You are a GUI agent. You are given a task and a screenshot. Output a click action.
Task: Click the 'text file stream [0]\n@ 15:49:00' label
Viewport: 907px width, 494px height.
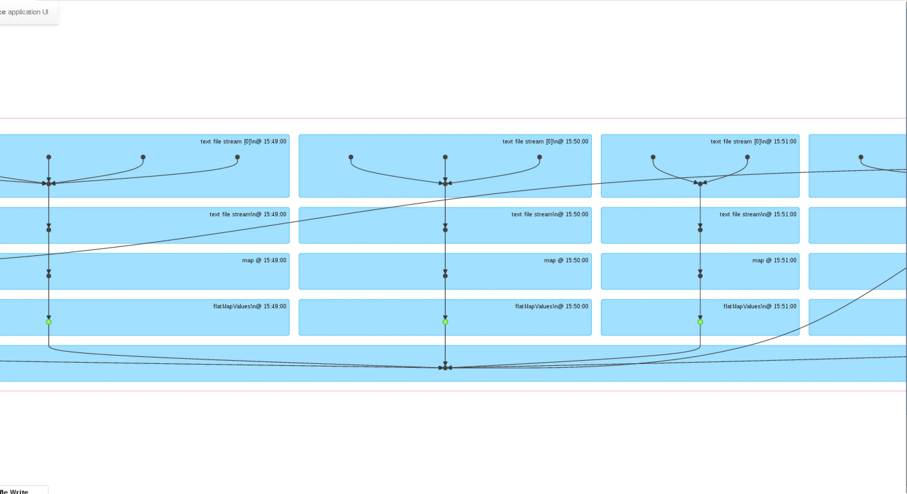(243, 142)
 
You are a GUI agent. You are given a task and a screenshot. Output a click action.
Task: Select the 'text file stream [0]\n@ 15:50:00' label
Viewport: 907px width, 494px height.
(545, 142)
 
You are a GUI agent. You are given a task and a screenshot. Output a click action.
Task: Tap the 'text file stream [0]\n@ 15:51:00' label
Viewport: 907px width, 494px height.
(753, 142)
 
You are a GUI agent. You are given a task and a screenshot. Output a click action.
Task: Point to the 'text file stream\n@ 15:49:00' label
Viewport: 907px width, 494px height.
(247, 214)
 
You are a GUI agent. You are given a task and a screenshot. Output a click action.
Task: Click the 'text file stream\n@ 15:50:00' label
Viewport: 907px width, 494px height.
(550, 214)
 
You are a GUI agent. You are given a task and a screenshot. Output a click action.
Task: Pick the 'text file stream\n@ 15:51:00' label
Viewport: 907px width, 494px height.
(758, 214)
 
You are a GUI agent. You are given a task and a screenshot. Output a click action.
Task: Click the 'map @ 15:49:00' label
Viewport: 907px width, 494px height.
(264, 260)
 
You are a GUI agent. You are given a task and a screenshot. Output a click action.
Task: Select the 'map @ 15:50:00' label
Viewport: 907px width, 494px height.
(566, 260)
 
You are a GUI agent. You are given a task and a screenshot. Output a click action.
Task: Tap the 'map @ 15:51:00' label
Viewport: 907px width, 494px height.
(774, 260)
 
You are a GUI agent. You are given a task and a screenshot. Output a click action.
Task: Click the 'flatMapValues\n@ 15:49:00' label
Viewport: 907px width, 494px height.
(250, 306)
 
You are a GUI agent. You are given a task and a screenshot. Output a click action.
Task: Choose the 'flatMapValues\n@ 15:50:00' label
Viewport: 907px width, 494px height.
(551, 306)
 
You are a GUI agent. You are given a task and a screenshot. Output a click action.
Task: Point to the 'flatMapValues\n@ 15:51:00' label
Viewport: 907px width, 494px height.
(760, 306)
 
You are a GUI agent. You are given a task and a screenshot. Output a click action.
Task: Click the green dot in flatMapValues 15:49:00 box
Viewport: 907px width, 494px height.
(49, 322)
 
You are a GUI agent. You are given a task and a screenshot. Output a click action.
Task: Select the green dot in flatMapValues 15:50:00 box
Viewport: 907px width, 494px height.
(445, 322)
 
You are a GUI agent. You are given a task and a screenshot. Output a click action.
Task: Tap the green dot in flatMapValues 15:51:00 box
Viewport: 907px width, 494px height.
(700, 322)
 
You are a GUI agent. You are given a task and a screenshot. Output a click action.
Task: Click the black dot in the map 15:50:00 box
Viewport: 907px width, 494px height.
(445, 276)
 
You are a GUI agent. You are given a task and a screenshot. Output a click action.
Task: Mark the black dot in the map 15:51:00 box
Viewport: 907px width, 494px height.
(700, 276)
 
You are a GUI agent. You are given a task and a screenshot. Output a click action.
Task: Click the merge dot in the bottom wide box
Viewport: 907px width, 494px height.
(445, 368)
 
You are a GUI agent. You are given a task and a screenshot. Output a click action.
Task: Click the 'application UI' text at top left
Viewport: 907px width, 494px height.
(28, 12)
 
